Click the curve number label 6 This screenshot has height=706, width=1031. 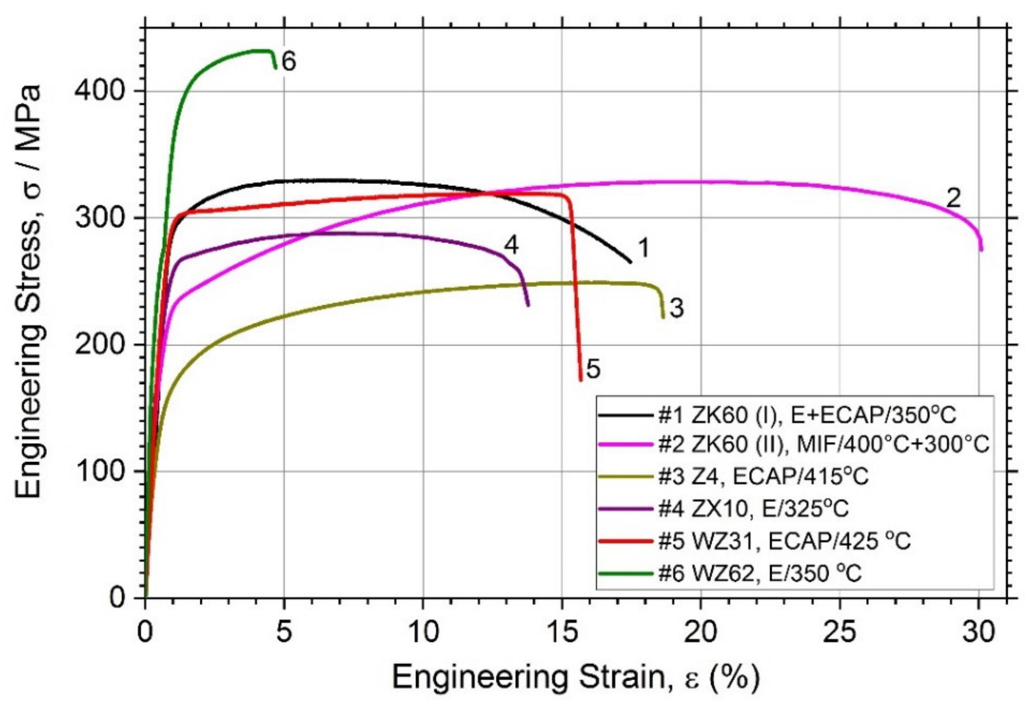tap(289, 62)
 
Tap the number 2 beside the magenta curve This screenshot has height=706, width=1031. tap(954, 199)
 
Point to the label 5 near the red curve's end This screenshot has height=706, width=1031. tap(593, 369)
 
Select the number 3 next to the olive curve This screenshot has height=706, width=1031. tap(676, 308)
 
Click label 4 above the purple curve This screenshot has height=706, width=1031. tap(511, 245)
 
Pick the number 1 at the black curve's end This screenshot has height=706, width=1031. tap(643, 248)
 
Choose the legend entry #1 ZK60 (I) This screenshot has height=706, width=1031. tap(806, 416)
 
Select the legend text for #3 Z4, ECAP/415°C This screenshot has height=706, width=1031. tap(763, 476)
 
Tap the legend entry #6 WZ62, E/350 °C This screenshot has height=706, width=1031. tap(760, 573)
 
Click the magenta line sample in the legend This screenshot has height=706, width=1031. tap(626, 445)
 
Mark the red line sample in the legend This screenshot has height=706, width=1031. tap(626, 541)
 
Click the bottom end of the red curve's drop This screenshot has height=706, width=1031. tap(580, 379)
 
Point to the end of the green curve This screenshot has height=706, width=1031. tap(275, 67)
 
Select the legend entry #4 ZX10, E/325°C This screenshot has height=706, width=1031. tap(753, 508)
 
